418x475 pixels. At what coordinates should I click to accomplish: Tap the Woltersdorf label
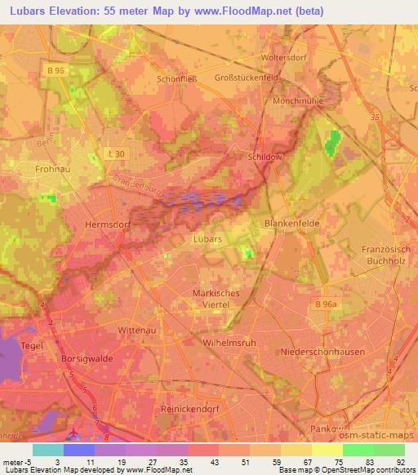282,59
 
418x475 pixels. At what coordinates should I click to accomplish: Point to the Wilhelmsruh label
229,343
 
